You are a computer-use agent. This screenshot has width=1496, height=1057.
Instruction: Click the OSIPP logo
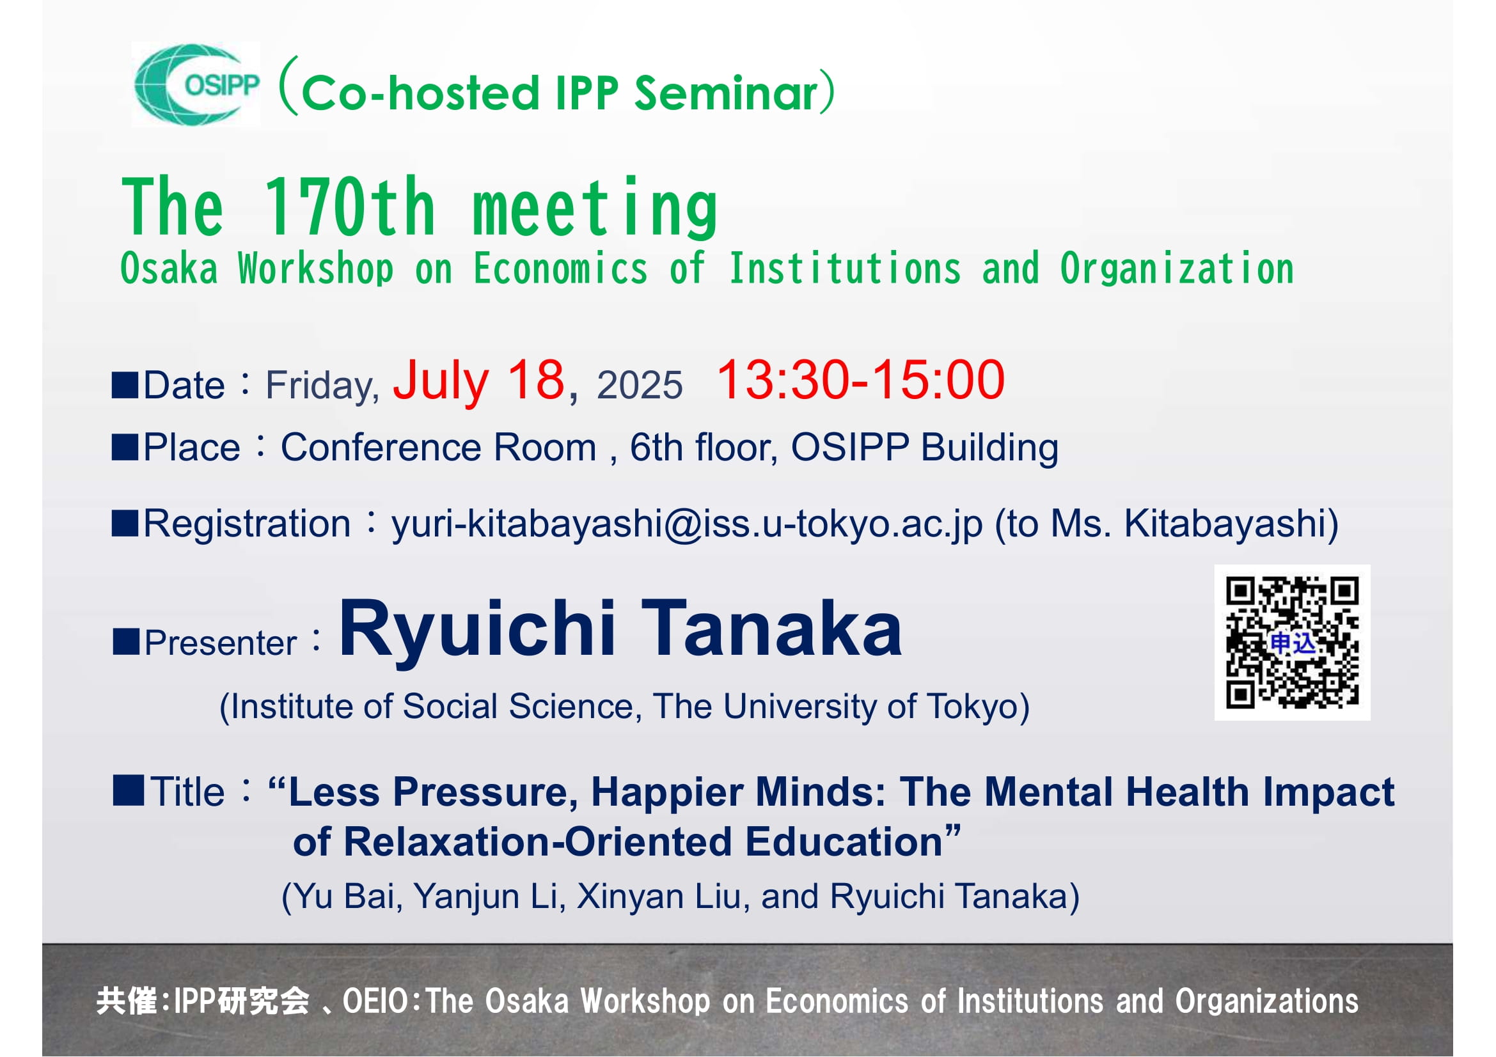196,84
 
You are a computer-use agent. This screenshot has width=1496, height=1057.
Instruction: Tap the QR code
1292,642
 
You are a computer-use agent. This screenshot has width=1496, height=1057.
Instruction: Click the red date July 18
478,380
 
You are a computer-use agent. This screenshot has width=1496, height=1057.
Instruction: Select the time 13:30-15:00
860,380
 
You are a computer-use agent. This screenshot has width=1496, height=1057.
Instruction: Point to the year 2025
639,385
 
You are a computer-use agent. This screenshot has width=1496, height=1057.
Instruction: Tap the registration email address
687,525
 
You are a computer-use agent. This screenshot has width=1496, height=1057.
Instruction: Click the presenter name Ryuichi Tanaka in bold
620,629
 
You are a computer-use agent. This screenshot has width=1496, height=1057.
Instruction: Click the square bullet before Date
125,385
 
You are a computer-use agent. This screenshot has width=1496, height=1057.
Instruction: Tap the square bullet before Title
128,790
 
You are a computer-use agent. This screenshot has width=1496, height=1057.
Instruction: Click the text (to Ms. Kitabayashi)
1167,524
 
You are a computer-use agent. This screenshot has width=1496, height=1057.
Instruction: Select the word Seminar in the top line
726,93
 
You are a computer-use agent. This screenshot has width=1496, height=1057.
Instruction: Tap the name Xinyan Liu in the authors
659,896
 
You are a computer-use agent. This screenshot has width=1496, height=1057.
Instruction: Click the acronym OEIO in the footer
375,1001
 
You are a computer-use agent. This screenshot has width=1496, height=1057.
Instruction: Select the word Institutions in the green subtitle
844,269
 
